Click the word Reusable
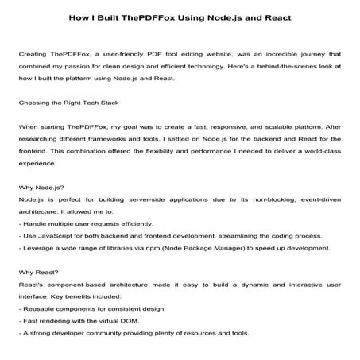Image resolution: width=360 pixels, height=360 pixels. coord(40,308)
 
